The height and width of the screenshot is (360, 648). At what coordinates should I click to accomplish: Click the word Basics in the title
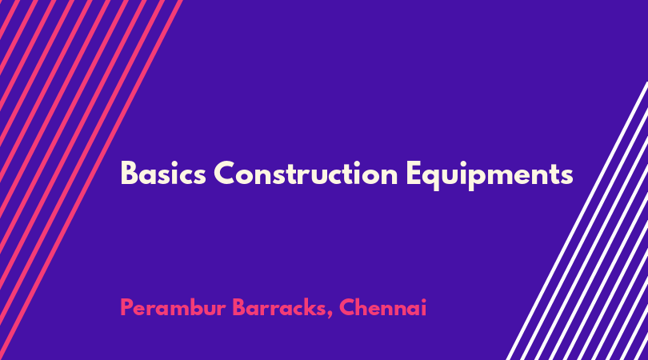[x=163, y=174]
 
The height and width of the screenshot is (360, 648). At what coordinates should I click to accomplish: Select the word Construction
[x=306, y=173]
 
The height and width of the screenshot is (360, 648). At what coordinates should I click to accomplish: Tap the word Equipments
[x=490, y=176]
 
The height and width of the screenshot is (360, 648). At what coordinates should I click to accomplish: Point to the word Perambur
[x=173, y=307]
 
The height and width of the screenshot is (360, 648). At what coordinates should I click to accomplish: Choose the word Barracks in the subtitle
[x=279, y=307]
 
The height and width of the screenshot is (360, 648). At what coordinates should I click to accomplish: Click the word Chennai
[x=382, y=307]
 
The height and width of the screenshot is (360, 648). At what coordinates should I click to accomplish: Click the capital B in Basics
[x=129, y=174]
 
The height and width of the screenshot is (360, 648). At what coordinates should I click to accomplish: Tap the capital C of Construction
[x=225, y=174]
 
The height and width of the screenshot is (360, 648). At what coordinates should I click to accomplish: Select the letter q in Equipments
[x=433, y=178]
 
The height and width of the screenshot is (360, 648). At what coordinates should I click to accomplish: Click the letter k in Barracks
[x=307, y=307]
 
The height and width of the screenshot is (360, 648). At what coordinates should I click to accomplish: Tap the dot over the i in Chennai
[x=422, y=301]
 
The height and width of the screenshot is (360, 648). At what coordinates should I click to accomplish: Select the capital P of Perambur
[x=127, y=307]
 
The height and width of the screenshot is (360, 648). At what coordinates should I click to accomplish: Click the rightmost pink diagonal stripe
[x=90, y=180]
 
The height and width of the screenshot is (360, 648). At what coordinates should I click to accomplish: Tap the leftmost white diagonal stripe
[x=578, y=220]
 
